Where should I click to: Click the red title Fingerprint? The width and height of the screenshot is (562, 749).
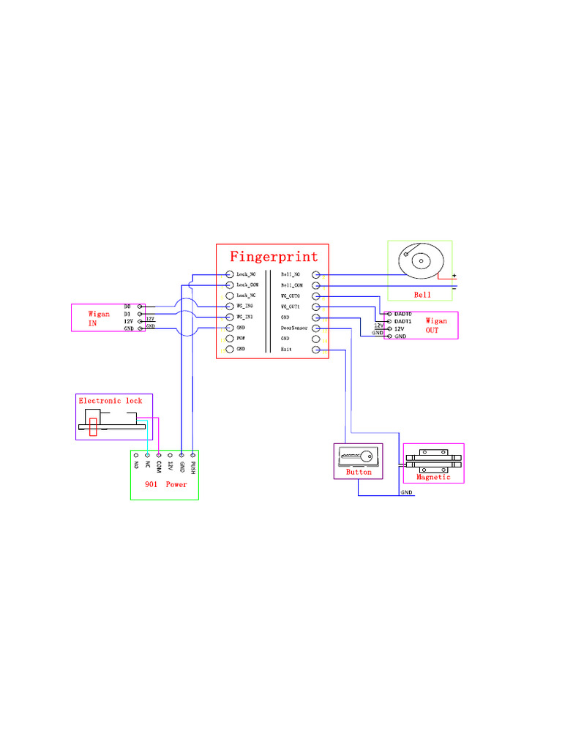tap(274, 257)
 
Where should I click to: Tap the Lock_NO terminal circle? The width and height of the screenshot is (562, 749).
tap(230, 274)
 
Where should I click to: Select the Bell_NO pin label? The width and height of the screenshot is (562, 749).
tap(291, 274)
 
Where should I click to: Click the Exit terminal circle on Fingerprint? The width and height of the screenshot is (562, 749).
tap(316, 350)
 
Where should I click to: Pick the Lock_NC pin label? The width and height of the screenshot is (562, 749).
tap(246, 296)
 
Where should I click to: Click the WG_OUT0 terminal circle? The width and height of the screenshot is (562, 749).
tap(316, 296)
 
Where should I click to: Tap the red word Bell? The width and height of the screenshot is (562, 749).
tap(423, 295)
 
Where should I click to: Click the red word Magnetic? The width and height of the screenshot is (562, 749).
tap(433, 477)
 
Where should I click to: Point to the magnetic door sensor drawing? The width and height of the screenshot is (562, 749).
tap(433, 460)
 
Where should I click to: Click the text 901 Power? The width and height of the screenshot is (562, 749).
tap(165, 484)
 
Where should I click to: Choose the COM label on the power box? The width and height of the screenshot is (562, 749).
tap(158, 467)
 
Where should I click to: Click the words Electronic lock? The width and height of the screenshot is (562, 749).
tap(110, 401)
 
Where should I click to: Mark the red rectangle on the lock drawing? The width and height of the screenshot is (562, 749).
tap(93, 426)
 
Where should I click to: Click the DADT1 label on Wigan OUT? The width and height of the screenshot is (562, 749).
tap(403, 321)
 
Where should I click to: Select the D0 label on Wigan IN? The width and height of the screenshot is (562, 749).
tap(127, 306)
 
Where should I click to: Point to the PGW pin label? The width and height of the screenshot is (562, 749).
tap(240, 339)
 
